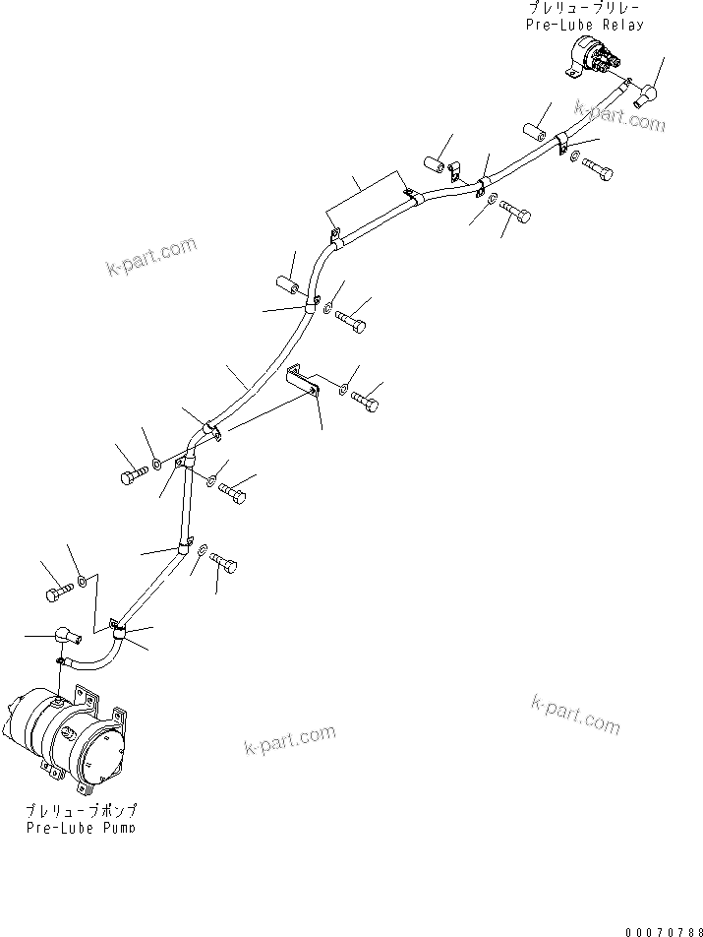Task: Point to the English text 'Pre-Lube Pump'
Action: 82,828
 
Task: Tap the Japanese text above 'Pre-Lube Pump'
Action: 82,810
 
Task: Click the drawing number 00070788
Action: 664,929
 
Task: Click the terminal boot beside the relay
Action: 647,95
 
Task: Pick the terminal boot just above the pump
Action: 65,637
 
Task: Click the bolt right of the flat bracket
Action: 365,401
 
